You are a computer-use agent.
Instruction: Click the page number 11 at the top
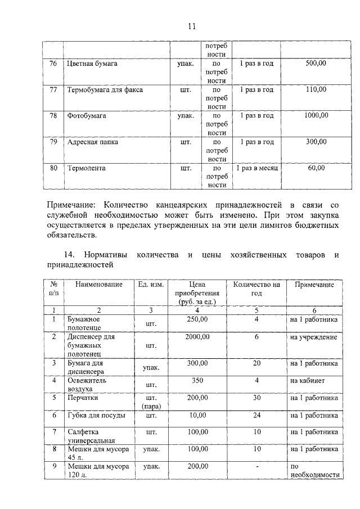tap(191, 26)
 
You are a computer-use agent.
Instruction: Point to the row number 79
tap(53, 142)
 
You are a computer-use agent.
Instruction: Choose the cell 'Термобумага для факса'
tap(105, 90)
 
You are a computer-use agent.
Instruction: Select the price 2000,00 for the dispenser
tap(197, 337)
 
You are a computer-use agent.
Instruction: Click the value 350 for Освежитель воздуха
tap(197, 380)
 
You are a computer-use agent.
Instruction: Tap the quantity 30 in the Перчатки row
tap(256, 398)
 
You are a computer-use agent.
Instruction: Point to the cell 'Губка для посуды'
tap(97, 416)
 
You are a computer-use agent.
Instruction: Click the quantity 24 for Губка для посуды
tap(256, 416)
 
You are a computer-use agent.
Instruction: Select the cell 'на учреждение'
tap(313, 337)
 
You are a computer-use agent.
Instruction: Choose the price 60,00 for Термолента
tap(316, 168)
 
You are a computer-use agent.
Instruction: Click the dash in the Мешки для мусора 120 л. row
tap(256, 466)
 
